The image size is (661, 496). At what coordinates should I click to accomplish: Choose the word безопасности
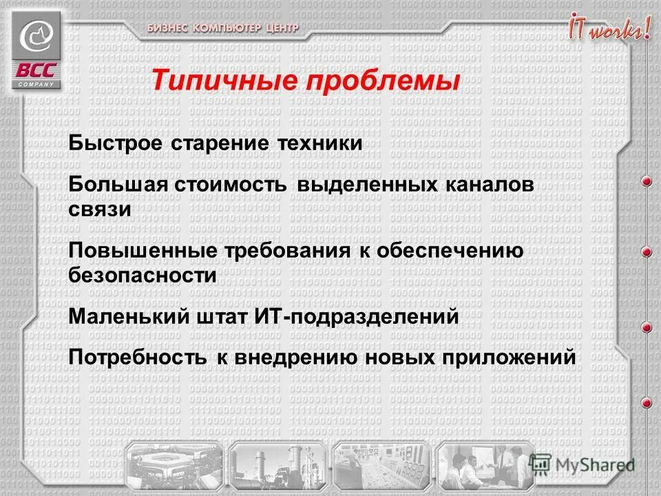[143, 275]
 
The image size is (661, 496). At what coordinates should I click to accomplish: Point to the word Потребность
[137, 358]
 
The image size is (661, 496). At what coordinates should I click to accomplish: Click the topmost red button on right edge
[647, 181]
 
